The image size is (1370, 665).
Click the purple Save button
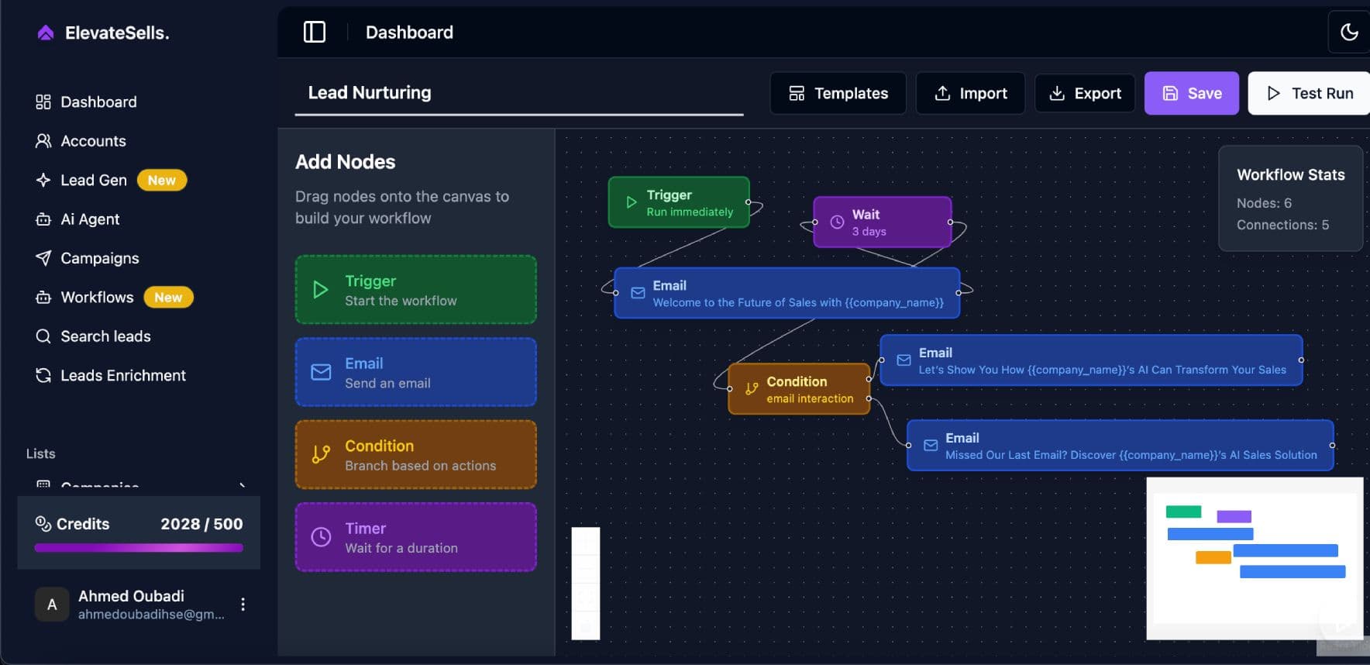click(1191, 93)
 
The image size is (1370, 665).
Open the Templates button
click(838, 93)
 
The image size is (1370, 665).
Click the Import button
click(970, 93)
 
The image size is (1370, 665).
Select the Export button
click(1085, 93)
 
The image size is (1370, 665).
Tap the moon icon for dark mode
click(1349, 32)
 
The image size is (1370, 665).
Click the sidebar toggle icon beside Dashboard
click(314, 32)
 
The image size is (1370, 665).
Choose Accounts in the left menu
click(93, 141)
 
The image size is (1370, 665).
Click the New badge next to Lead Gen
click(162, 180)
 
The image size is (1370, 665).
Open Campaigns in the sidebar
click(99, 258)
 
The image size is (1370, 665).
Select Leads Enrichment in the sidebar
click(122, 375)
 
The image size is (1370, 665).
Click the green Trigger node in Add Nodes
click(415, 290)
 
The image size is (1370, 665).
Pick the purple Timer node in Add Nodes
click(415, 537)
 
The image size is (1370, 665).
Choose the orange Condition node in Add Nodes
click(415, 455)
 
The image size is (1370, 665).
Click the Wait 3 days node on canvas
click(882, 222)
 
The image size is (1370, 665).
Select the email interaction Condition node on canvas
click(799, 389)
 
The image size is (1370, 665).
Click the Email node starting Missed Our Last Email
click(1120, 446)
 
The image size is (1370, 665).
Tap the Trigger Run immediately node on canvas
click(679, 202)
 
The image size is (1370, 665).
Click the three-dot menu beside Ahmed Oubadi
click(243, 605)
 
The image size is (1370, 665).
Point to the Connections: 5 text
click(1282, 225)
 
